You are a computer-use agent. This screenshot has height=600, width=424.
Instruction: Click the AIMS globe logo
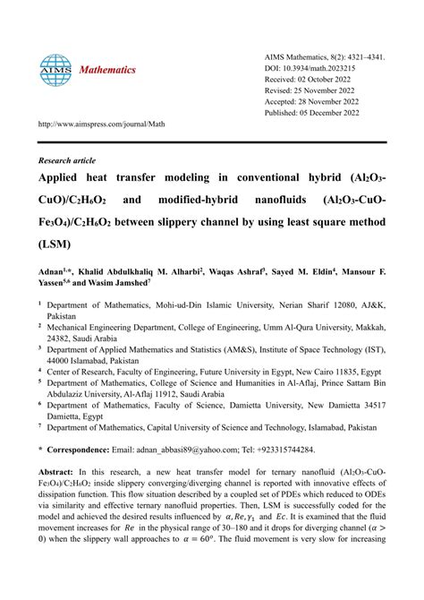55,69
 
